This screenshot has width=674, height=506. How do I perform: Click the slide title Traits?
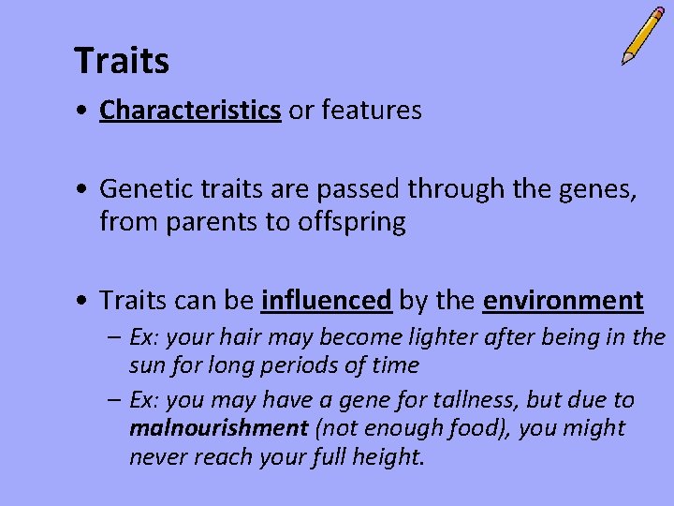coord(122,62)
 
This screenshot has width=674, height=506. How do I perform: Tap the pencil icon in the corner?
coord(643,36)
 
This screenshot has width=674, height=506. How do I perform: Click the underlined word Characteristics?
coord(190,111)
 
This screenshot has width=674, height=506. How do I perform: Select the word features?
coord(372,111)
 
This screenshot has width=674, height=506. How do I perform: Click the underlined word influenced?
coord(327,301)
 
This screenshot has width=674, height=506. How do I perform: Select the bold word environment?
coord(564,301)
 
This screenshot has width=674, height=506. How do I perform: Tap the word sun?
coord(146,365)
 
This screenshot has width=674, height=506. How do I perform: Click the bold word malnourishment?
coord(219,428)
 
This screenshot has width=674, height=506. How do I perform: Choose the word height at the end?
coord(388,457)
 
